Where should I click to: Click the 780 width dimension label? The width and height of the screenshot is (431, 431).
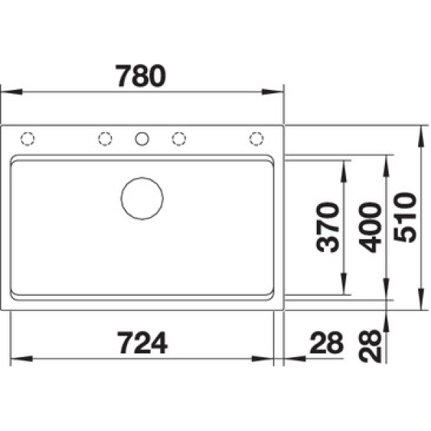[x=141, y=75]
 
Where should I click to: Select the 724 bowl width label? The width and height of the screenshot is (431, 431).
[x=142, y=343]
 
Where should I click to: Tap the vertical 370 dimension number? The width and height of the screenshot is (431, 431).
[x=328, y=227]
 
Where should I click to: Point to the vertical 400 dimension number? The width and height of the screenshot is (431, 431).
[x=370, y=227]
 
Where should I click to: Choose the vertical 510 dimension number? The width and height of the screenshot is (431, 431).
[x=405, y=217]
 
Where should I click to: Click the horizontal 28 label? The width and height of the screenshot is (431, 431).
[x=326, y=343]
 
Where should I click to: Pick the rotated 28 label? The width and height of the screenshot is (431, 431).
[x=370, y=346]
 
